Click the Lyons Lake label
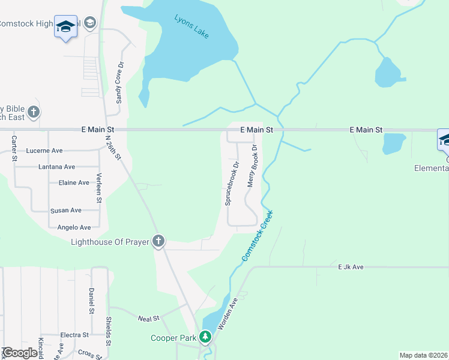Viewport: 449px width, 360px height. (x=192, y=27)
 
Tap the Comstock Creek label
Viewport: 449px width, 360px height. (x=258, y=235)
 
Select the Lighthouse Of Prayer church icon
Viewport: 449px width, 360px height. (x=158, y=241)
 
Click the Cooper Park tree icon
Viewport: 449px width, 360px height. (x=206, y=337)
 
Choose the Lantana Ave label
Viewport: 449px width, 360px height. (x=56, y=167)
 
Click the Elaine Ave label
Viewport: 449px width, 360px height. (x=74, y=182)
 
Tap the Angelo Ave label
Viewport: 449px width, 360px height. (x=74, y=227)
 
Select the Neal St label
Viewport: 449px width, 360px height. (x=148, y=319)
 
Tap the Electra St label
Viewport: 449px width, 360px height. (x=74, y=335)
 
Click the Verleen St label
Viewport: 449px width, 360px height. (x=100, y=188)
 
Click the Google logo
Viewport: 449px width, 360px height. (x=20, y=353)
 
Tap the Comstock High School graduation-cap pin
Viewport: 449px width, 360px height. (x=65, y=26)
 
